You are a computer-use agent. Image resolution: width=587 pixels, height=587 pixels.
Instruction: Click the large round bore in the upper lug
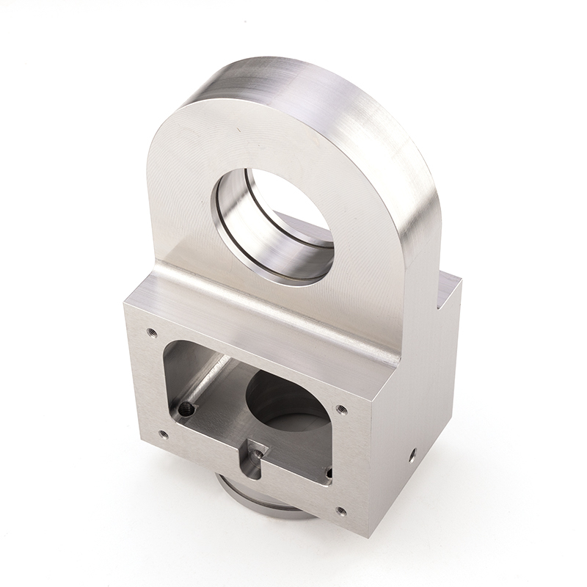pyautogui.click(x=275, y=220)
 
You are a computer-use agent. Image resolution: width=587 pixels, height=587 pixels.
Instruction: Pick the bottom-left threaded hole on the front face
pyautogui.click(x=163, y=434)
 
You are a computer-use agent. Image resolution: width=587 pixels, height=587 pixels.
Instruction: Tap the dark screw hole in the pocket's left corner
pyautogui.click(x=187, y=409)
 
